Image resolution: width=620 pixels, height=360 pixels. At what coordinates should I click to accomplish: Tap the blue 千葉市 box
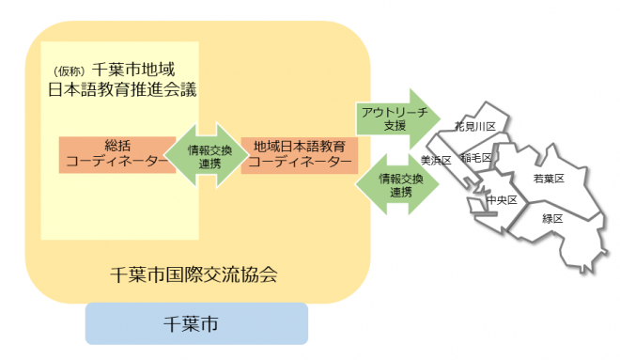tap(196, 323)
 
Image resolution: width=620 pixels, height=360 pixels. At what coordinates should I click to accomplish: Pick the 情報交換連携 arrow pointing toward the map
tap(399, 185)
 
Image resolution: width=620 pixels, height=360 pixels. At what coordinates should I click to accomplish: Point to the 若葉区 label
tap(548, 178)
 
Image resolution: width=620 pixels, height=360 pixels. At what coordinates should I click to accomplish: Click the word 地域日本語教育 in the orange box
tap(299, 146)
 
